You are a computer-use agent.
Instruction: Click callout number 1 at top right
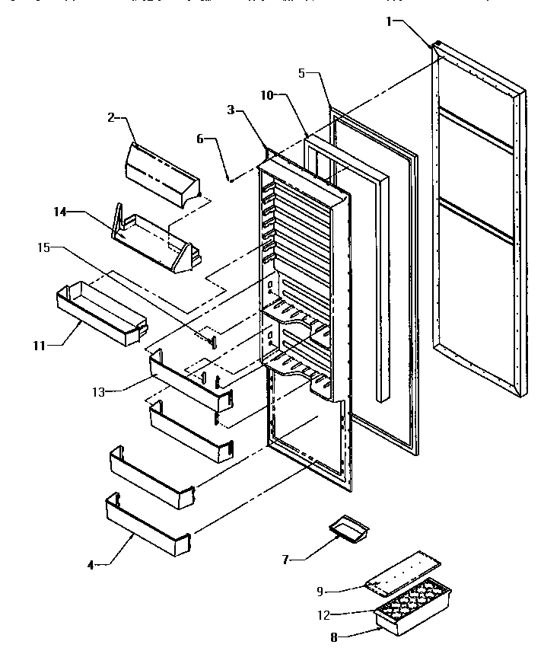coord(389,22)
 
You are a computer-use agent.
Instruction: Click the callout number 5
coord(301,74)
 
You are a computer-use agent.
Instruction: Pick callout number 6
coord(200,140)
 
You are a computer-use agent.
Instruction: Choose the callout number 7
coord(286,559)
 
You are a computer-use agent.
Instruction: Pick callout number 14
coord(59,213)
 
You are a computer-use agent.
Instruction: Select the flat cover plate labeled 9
coord(403,570)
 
